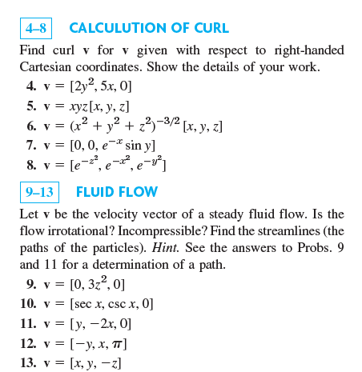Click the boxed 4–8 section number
[x=34, y=29]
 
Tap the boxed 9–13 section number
[x=38, y=192]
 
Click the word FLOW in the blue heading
[x=140, y=192]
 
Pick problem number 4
[x=30, y=86]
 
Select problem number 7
[x=30, y=145]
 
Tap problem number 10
[x=28, y=303]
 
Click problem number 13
[x=28, y=363]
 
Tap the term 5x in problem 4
[x=104, y=86]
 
